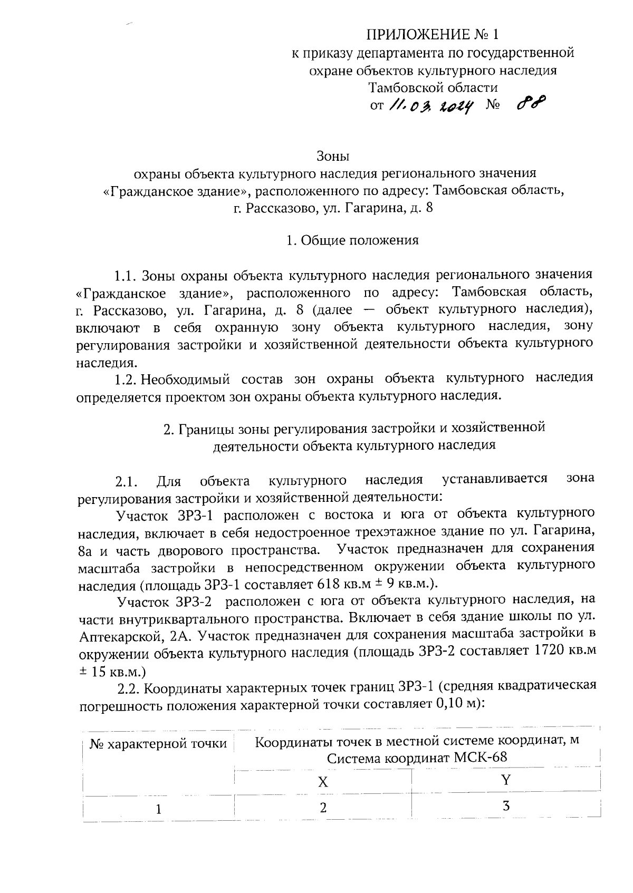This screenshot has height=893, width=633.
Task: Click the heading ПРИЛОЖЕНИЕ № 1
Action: pos(433,35)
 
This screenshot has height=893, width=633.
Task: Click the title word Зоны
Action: pos(333,156)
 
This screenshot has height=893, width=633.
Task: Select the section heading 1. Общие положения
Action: pos(352,240)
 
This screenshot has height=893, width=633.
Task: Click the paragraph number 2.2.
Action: pos(129,688)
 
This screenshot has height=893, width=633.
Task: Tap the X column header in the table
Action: pos(323,782)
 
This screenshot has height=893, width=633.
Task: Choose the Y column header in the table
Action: pos(506,780)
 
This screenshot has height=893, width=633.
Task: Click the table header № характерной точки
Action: pos(158,744)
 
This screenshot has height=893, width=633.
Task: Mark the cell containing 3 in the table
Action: pos(506,806)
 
